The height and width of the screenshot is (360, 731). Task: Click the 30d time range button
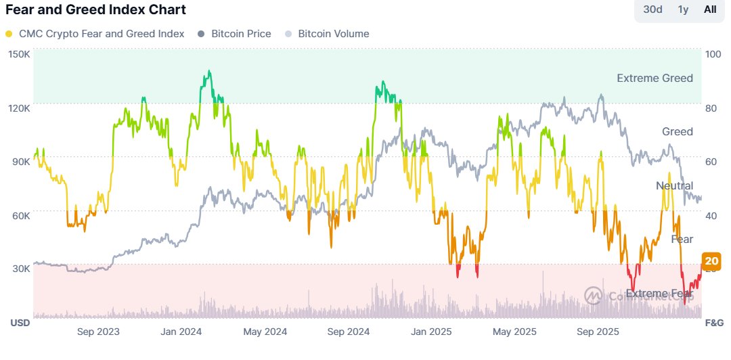click(652, 9)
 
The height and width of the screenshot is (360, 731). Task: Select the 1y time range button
click(683, 9)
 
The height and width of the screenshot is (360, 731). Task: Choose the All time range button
click(710, 9)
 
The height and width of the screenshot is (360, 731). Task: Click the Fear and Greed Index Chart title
click(95, 10)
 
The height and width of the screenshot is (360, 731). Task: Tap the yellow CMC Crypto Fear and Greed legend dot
click(8, 34)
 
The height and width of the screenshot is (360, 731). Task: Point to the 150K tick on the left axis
click(20, 54)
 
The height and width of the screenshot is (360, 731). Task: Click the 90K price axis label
click(20, 161)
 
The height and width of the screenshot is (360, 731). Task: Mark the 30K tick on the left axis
click(20, 268)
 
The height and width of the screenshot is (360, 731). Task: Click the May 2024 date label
click(265, 332)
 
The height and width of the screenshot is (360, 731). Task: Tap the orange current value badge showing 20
click(711, 261)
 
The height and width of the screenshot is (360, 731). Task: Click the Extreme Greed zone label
click(655, 78)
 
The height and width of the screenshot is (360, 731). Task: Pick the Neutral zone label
click(674, 185)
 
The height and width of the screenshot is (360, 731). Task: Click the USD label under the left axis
click(20, 323)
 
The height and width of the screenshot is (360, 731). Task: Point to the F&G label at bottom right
click(715, 323)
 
